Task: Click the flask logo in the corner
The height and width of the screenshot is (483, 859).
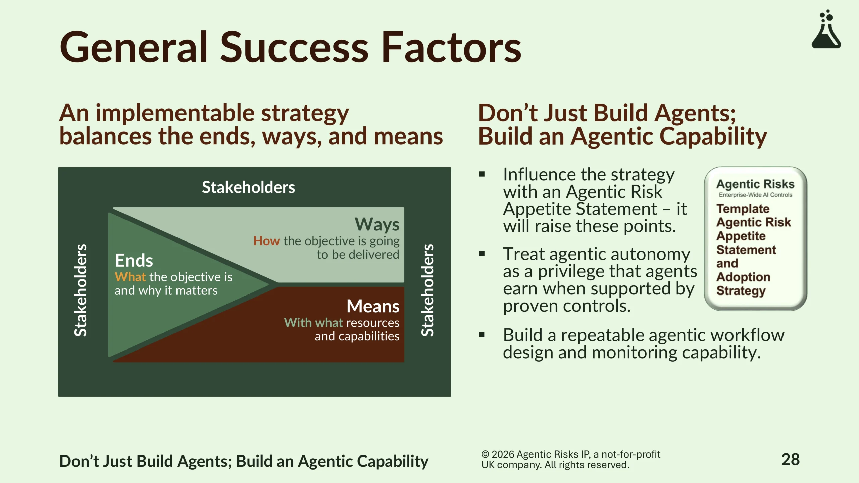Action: (x=826, y=29)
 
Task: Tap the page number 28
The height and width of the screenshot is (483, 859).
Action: (x=791, y=460)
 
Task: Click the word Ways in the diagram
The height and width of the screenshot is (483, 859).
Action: (x=377, y=225)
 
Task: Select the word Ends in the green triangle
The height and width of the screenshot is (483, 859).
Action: (x=134, y=260)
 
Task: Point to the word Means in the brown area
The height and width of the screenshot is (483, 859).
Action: (x=373, y=306)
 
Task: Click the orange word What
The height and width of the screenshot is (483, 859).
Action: (x=130, y=277)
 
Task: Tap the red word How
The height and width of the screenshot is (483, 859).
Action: (x=266, y=241)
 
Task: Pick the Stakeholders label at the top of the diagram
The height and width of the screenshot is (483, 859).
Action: (x=248, y=187)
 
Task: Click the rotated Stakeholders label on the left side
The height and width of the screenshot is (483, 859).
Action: (x=81, y=290)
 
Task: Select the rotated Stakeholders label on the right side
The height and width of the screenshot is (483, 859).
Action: (x=427, y=290)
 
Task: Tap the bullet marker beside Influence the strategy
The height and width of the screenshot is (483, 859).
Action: (x=482, y=174)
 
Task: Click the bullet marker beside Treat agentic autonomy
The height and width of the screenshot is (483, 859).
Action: (x=482, y=254)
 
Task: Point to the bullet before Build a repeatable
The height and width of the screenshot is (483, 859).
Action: (x=482, y=334)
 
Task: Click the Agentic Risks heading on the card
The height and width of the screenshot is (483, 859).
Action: (x=755, y=184)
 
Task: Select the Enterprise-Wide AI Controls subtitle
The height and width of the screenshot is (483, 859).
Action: (x=755, y=195)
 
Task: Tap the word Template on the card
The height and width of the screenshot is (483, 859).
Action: (x=743, y=209)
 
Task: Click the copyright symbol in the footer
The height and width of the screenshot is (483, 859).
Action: (x=485, y=454)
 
